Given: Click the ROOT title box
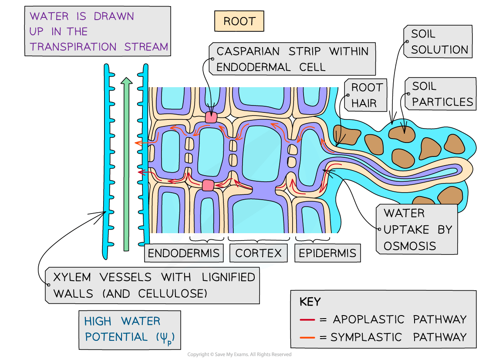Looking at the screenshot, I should coord(239,21).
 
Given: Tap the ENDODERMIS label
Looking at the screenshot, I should coord(183,253).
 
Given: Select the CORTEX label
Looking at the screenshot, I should coord(259,253).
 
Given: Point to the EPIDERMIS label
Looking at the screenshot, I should coord(327,253).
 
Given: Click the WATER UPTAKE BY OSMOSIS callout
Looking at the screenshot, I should coord(417,229).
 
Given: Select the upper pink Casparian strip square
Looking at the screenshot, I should coord(211,117).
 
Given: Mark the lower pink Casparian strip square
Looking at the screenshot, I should coord(208,185).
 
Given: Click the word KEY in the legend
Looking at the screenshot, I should coord(310,302).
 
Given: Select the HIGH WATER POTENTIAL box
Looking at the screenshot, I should coord(130,329).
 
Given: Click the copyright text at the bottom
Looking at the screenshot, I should coord(239,355).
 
